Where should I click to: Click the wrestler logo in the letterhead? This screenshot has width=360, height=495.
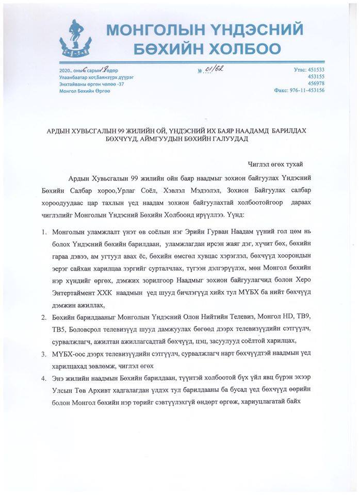tap(74, 40)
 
